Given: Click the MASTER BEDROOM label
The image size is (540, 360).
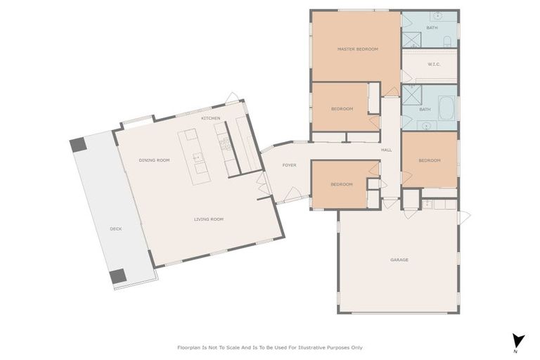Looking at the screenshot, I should (357, 49).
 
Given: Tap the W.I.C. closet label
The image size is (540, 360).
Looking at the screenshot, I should (434, 65).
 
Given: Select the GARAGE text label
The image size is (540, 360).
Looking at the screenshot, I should (399, 260).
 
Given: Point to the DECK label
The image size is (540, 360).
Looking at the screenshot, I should (115, 229).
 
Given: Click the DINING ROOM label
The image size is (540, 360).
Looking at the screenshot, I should (154, 160).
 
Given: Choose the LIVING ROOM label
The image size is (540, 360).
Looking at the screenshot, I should (208, 219).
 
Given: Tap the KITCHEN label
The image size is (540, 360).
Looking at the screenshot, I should (210, 118).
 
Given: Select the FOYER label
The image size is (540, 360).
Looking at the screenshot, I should (289, 165).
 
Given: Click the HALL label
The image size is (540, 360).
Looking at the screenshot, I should (386, 150).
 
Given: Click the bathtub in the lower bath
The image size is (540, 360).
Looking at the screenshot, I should (446, 109).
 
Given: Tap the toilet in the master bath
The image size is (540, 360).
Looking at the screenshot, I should (447, 40).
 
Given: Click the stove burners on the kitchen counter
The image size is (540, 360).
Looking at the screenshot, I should (226, 144).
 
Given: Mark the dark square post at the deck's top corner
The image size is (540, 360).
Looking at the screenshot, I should (77, 145).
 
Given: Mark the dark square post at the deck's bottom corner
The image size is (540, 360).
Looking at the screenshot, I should (118, 276).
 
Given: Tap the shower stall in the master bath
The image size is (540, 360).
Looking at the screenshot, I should (411, 39).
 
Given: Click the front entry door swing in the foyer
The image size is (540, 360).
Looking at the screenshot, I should (292, 193).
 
